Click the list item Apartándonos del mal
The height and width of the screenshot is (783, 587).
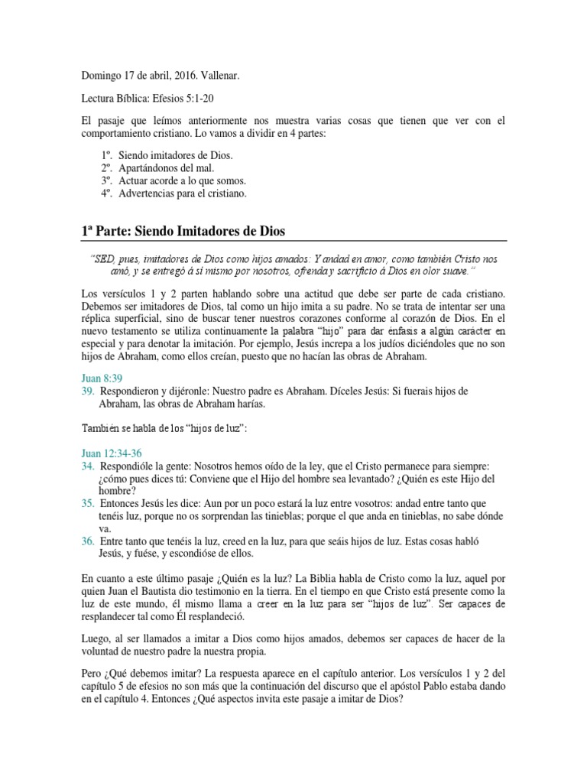tap(162, 168)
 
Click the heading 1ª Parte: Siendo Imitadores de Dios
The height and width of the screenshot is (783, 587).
tap(183, 231)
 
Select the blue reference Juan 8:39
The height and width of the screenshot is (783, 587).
tap(102, 378)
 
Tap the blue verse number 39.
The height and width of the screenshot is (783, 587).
tap(86, 391)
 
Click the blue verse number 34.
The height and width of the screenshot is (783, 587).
tap(86, 466)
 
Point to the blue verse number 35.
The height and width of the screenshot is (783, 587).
tap(86, 503)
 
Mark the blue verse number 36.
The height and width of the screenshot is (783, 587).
tap(86, 541)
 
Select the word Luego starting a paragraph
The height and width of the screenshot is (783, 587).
tap(95, 638)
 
